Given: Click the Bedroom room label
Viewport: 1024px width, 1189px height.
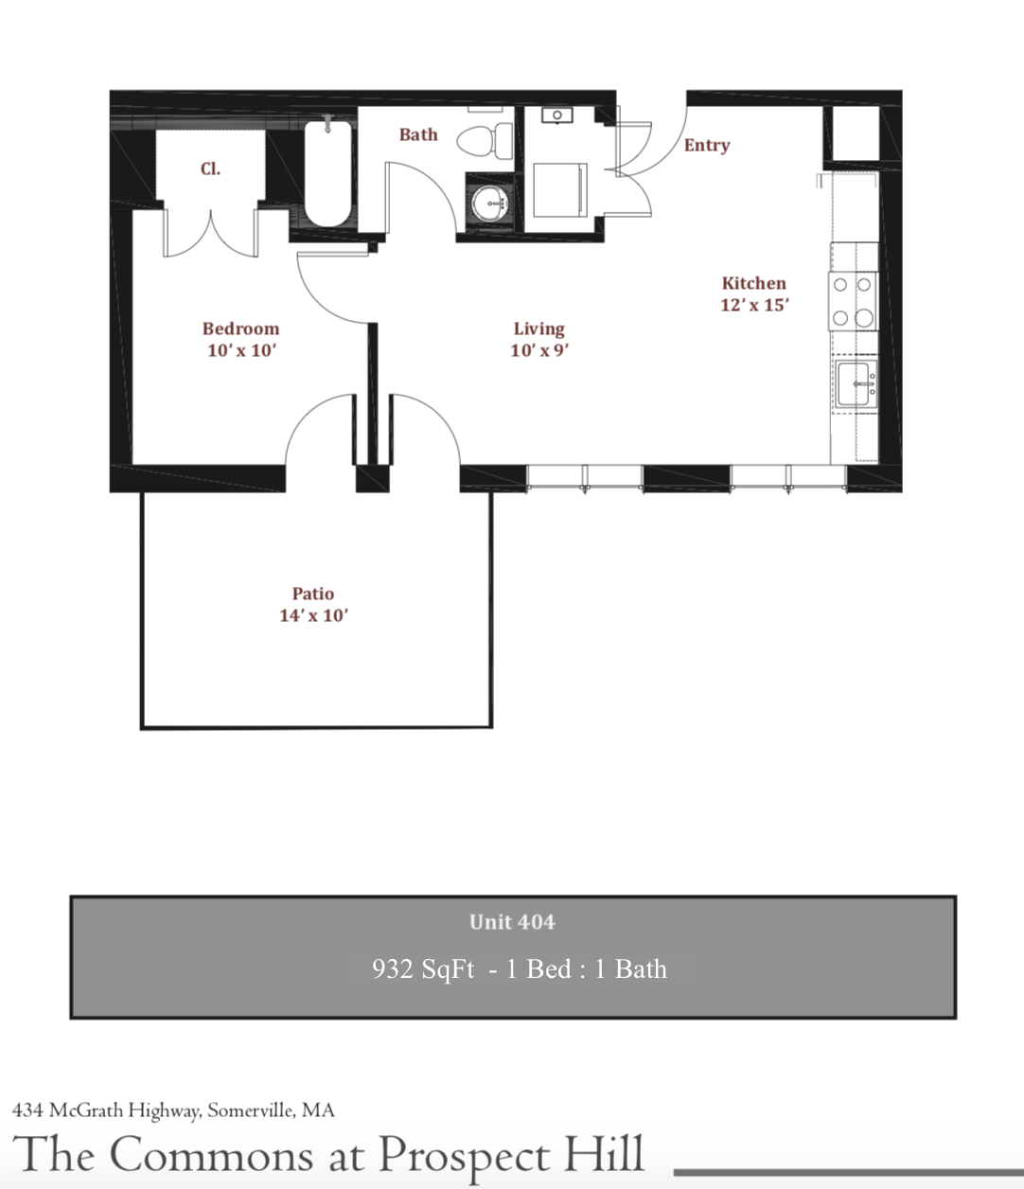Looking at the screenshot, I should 240,328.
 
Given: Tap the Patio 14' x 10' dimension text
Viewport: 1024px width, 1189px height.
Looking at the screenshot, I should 313,615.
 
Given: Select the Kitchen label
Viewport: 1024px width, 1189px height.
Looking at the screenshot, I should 753,283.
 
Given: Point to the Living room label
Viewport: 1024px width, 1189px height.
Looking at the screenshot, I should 538,328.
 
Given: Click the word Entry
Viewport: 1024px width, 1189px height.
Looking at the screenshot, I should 707,145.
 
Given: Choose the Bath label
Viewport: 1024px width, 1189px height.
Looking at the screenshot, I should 418,134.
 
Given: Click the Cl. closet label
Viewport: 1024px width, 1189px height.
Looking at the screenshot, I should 210,169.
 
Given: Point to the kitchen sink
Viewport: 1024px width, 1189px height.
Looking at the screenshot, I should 856,384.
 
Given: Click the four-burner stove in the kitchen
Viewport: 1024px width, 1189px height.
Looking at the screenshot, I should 853,301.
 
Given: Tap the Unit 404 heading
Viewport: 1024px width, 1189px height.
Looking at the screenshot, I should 512,922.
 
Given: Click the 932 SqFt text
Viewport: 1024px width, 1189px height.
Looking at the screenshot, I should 423,969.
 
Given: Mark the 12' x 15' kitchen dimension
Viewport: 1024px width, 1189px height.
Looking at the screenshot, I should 754,305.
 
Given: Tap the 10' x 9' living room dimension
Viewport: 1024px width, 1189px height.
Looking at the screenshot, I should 538,350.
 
